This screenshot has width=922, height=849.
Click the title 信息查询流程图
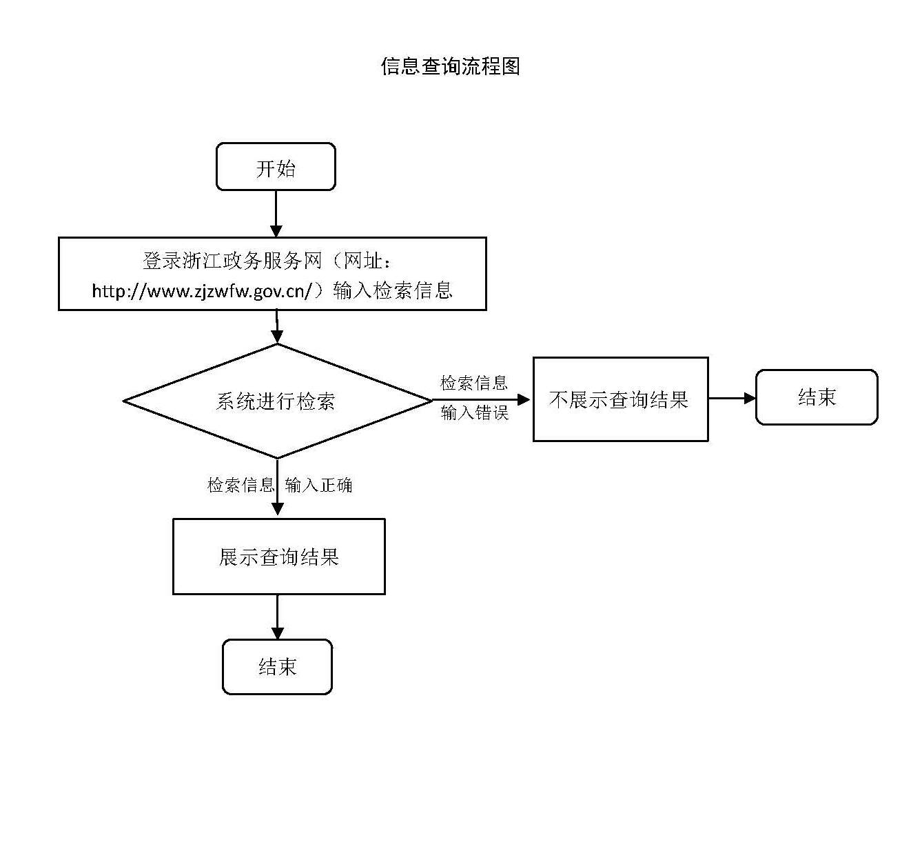click(x=450, y=66)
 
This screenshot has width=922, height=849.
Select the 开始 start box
click(x=276, y=167)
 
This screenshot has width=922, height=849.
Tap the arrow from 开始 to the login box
click(x=276, y=214)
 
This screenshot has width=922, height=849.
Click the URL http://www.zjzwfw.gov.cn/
click(x=203, y=291)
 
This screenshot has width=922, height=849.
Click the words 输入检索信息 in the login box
click(x=393, y=290)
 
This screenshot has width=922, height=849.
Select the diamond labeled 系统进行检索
click(x=276, y=401)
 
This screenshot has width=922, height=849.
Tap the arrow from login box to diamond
click(x=277, y=327)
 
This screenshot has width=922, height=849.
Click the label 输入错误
click(x=474, y=412)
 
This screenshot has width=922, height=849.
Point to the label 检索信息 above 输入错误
click(x=474, y=383)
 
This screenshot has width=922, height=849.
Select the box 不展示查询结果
click(x=620, y=399)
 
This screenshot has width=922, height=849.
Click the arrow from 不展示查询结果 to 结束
click(x=732, y=398)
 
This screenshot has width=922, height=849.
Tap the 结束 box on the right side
click(x=817, y=397)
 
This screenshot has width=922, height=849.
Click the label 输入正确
click(x=318, y=485)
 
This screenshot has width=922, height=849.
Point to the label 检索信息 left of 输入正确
click(x=240, y=485)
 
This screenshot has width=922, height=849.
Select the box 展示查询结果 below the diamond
click(x=278, y=557)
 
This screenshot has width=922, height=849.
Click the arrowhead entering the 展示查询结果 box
click(x=277, y=509)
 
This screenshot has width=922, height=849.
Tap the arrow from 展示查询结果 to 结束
click(x=277, y=617)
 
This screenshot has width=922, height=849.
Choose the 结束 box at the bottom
click(x=277, y=666)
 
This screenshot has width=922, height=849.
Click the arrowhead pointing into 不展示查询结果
click(x=524, y=399)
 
